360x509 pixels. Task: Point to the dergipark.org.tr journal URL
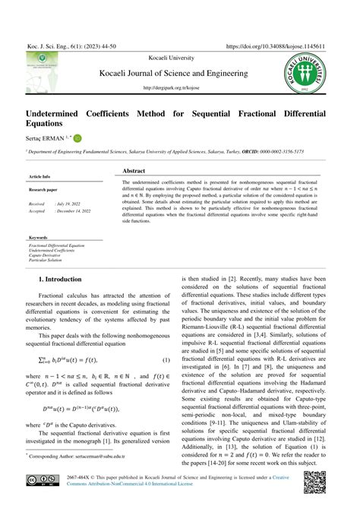[x=180, y=87]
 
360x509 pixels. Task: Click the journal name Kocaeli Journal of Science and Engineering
[x=180, y=73]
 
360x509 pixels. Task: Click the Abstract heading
[x=134, y=172]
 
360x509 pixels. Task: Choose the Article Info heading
[x=39, y=176]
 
